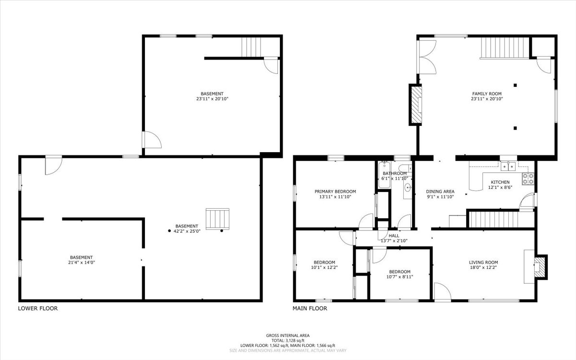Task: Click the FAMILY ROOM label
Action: pyautogui.click(x=487, y=94)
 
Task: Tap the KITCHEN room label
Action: pyautogui.click(x=500, y=182)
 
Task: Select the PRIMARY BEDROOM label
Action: pyautogui.click(x=335, y=191)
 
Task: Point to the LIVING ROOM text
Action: pyautogui.click(x=483, y=263)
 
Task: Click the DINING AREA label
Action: pyautogui.click(x=440, y=192)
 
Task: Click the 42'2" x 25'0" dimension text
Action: pyautogui.click(x=186, y=232)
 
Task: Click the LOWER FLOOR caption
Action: pyautogui.click(x=37, y=309)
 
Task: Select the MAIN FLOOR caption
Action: pyautogui.click(x=310, y=309)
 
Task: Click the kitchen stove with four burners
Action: pyautogui.click(x=528, y=179)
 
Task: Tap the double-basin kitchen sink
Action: pyautogui.click(x=508, y=167)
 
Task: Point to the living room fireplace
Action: pyautogui.click(x=540, y=266)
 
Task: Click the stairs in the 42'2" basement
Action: pyautogui.click(x=217, y=219)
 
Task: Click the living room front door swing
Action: pyautogui.click(x=442, y=292)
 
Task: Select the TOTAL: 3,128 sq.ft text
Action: pyautogui.click(x=288, y=340)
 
